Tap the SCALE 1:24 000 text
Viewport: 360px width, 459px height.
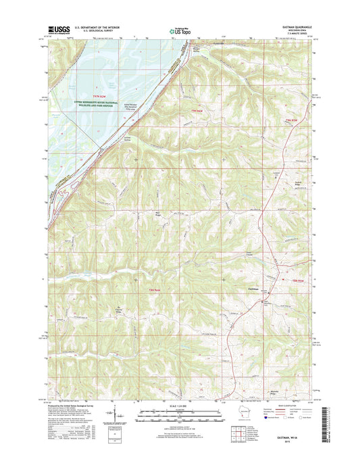180,406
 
